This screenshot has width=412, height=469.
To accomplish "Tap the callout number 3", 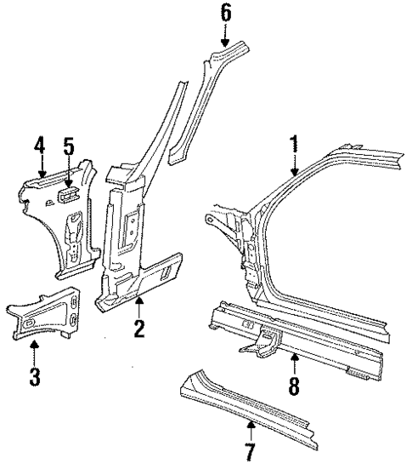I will click(35, 376).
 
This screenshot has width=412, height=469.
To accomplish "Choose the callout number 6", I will click(225, 12).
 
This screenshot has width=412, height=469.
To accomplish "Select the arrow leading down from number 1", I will click(294, 164).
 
